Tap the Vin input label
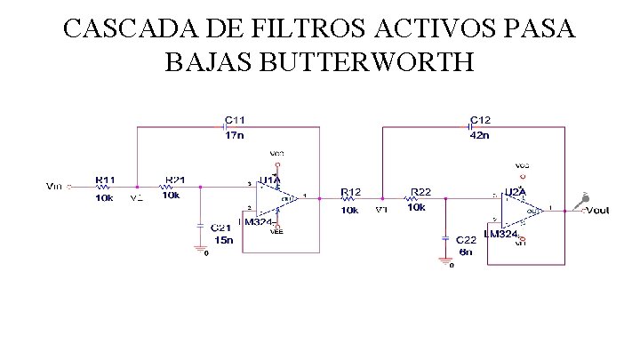[54, 187]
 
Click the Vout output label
[598, 210]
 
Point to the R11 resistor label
[104, 180]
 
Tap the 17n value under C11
[234, 136]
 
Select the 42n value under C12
[479, 136]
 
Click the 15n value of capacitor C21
[222, 240]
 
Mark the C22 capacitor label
[466, 241]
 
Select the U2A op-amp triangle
[524, 210]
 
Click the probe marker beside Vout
[581, 200]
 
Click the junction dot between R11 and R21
[136, 187]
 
